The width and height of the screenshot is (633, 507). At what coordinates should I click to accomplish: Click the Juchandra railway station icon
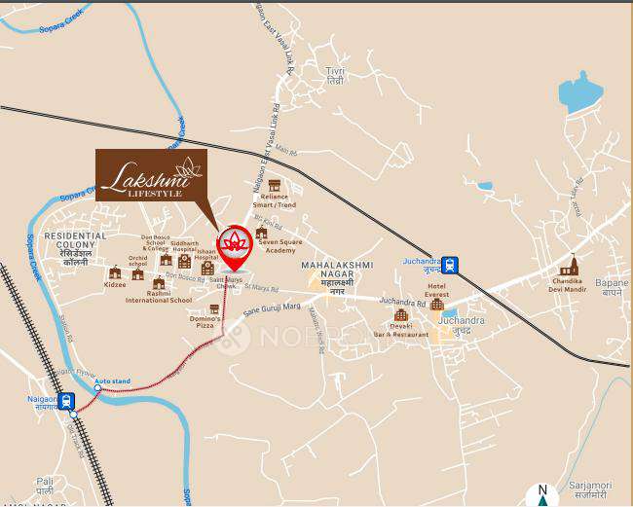click(x=449, y=264)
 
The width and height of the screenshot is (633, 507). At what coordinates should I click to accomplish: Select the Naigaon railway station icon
click(x=66, y=400)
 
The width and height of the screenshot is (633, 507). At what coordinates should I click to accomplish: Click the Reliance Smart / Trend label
click(x=274, y=200)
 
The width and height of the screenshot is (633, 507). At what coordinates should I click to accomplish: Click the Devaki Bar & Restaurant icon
click(x=400, y=314)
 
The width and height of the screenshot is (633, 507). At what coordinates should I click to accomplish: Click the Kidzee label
click(x=115, y=285)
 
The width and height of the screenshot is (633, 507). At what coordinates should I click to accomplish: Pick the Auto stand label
click(x=114, y=380)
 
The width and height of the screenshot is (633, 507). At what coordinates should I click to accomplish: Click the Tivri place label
click(x=336, y=76)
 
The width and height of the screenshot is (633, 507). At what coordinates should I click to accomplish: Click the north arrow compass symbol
click(x=541, y=494)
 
